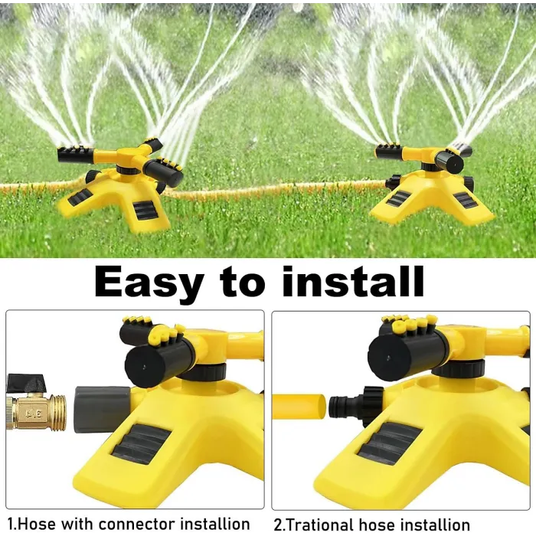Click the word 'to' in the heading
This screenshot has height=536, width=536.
pyautogui.click(x=243, y=282)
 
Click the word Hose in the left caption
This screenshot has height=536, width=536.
pyautogui.click(x=36, y=524)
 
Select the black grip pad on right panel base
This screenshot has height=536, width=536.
pyautogui.click(x=387, y=443)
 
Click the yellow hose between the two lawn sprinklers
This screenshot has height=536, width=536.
pyautogui.click(x=268, y=190)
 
